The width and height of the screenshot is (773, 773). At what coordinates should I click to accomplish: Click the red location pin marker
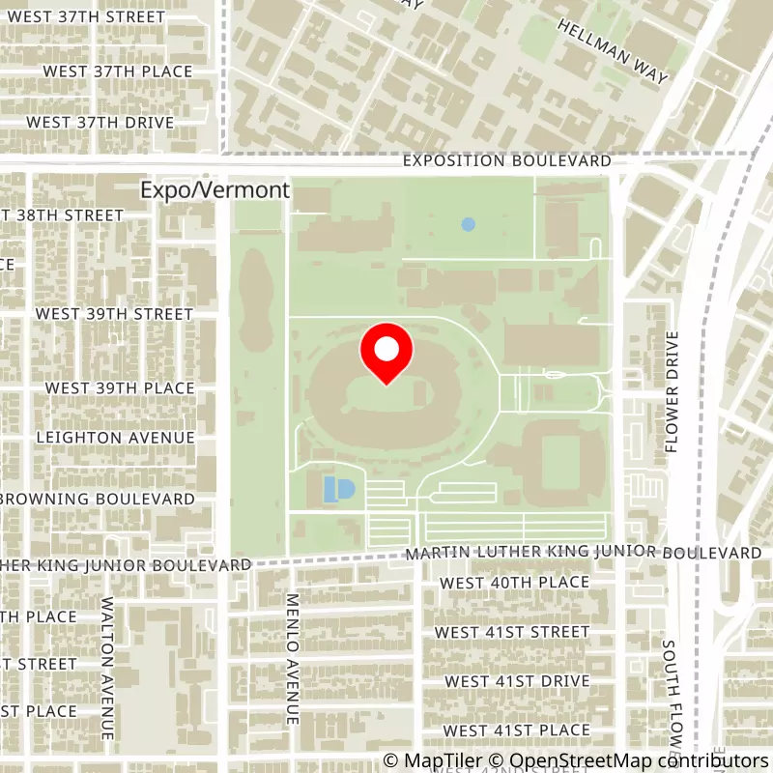(x=386, y=353)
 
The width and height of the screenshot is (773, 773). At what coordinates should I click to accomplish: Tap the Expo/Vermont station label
(x=215, y=190)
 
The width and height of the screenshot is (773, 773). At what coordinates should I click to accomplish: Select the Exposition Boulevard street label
(x=507, y=160)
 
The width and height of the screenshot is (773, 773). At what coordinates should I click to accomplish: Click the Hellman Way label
(x=613, y=53)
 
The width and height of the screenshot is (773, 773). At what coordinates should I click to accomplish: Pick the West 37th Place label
(x=117, y=72)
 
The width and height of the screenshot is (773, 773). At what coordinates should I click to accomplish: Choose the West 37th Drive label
(x=100, y=123)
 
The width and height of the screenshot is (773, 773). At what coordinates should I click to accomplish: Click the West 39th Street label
(x=114, y=314)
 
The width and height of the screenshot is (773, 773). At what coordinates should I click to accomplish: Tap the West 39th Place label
(x=120, y=387)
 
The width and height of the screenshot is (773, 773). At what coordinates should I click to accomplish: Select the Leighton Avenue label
(x=115, y=438)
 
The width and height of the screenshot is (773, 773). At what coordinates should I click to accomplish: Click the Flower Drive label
(x=673, y=392)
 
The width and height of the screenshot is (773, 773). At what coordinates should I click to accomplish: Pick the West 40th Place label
(x=514, y=583)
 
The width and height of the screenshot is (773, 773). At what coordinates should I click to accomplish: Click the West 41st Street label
(x=512, y=632)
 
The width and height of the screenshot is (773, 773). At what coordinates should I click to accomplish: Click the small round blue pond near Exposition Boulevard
(x=469, y=224)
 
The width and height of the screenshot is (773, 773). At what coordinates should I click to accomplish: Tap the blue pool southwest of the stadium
(x=338, y=489)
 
